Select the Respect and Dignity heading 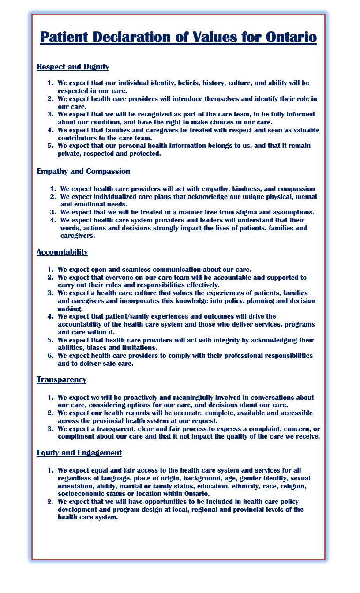click(73, 67)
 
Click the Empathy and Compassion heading click(83, 171)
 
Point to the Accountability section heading click(62, 252)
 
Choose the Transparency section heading click(61, 379)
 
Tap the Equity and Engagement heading click(79, 453)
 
